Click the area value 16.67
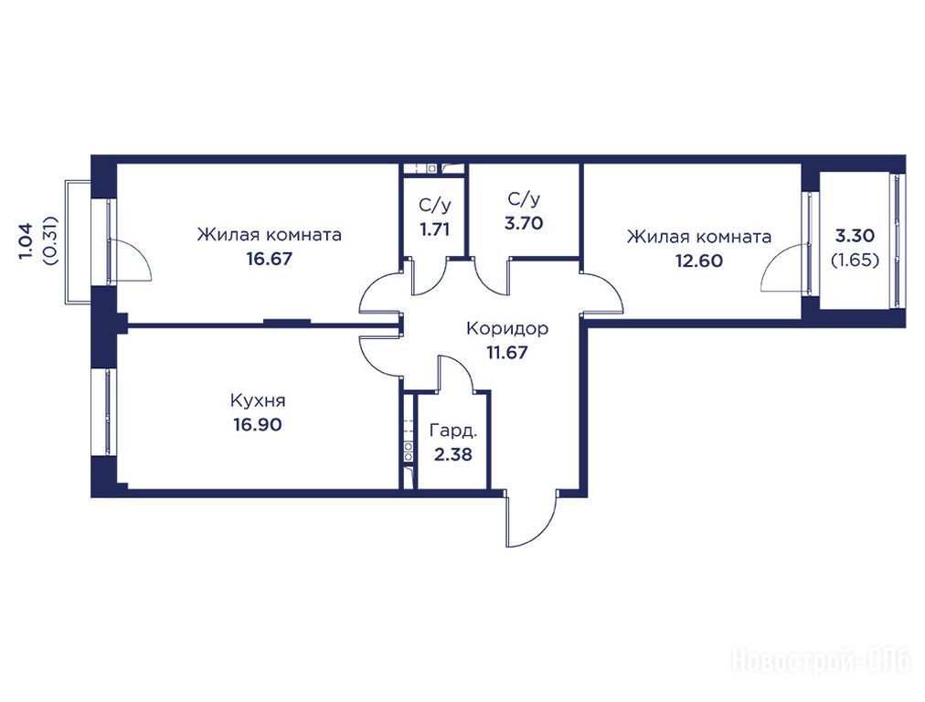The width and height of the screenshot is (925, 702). [269, 259]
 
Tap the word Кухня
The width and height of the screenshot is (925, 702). [258, 401]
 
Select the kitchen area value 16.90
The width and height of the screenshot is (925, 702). [258, 425]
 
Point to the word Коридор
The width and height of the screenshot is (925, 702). [507, 328]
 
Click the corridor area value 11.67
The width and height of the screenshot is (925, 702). [506, 353]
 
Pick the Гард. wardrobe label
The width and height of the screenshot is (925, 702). [453, 431]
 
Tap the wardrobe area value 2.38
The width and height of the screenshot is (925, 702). [453, 455]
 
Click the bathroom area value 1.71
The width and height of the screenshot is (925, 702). [435, 229]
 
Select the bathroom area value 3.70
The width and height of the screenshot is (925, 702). [524, 224]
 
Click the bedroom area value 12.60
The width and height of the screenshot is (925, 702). [699, 261]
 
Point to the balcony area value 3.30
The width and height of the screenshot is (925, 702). [855, 236]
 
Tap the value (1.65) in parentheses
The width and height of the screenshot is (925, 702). [855, 261]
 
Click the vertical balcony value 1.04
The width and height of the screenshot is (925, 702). [26, 240]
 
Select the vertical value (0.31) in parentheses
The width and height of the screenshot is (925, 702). [51, 240]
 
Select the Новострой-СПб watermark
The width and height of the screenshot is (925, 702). [822, 661]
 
